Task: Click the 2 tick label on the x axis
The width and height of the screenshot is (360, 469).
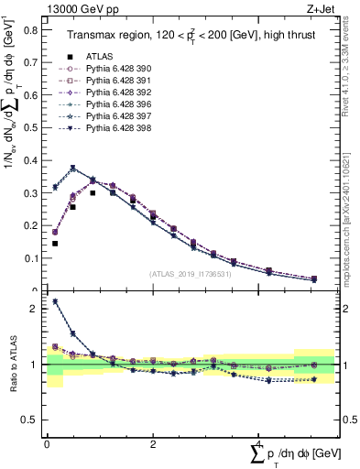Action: tap(152, 444)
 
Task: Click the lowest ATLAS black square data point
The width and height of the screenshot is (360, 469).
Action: tap(55, 244)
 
